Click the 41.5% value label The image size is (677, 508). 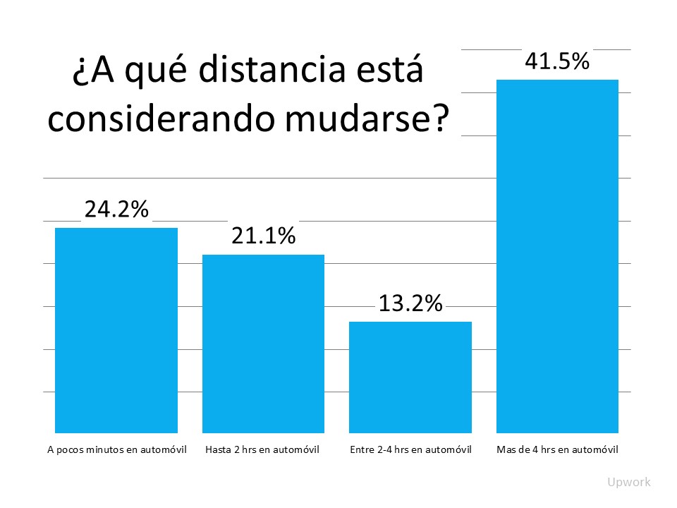(557, 61)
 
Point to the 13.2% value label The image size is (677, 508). (410, 303)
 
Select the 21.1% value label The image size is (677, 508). (263, 236)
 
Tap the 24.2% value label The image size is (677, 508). (116, 210)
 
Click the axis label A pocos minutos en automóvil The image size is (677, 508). (116, 449)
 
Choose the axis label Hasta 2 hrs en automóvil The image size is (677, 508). (263, 449)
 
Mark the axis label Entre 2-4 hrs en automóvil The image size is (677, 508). (410, 449)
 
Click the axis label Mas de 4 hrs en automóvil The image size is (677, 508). (558, 449)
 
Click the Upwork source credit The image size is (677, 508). (629, 483)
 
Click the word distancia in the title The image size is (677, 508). (266, 73)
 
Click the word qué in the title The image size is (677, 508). (148, 74)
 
